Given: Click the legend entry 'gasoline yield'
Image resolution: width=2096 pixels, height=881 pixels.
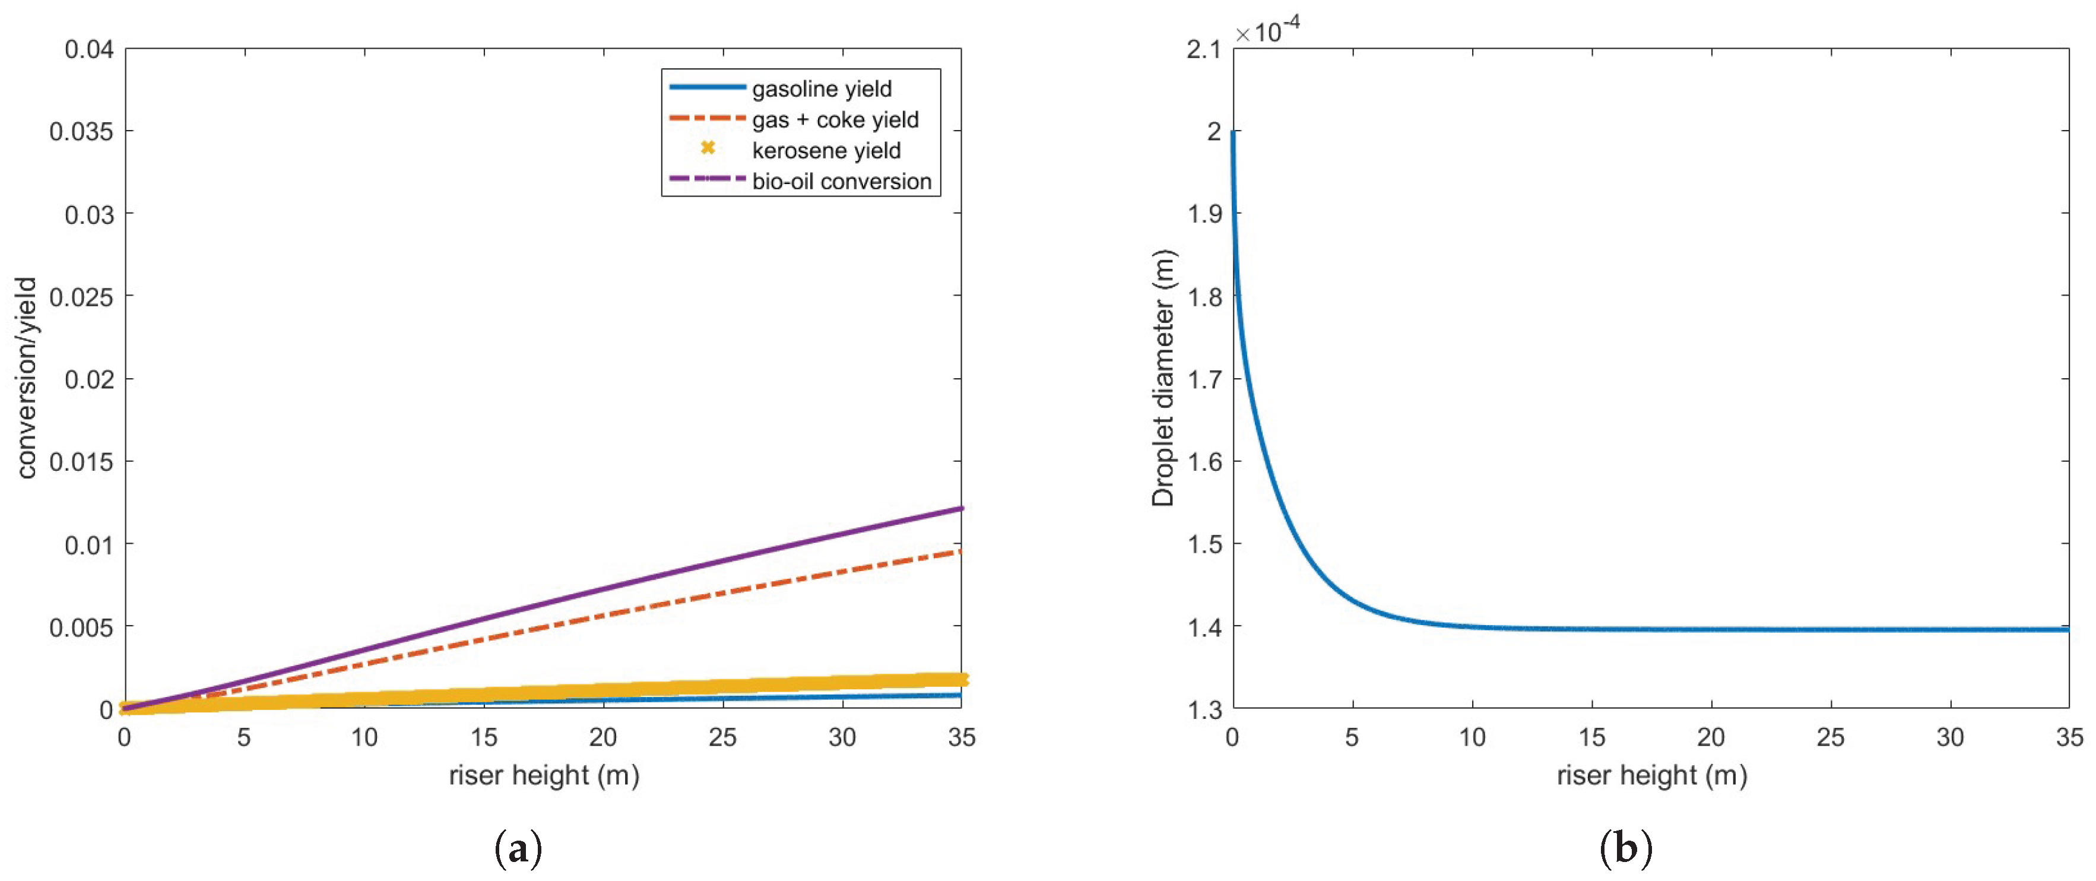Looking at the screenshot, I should tap(821, 88).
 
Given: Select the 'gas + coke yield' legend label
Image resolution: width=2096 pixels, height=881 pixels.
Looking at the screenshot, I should tap(835, 119).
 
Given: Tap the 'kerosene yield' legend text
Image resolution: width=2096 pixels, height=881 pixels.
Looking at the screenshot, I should tap(826, 150).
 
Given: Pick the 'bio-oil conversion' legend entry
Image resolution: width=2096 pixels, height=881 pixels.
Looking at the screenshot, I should tap(841, 182).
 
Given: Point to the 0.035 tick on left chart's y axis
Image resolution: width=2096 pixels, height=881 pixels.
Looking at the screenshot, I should tap(81, 132).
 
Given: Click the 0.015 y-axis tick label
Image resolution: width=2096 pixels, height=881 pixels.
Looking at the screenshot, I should tap(81, 462).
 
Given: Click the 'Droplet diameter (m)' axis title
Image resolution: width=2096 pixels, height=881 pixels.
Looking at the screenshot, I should tap(1163, 378).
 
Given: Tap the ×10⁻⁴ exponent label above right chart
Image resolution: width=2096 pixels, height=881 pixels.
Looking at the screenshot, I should tap(1267, 31).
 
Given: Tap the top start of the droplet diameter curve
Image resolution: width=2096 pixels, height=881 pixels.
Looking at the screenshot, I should tap(1233, 132).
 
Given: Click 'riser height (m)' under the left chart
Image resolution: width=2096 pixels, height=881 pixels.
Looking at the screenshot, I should tap(544, 775).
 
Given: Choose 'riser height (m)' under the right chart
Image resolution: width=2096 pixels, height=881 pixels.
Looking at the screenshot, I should tap(1652, 775).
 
